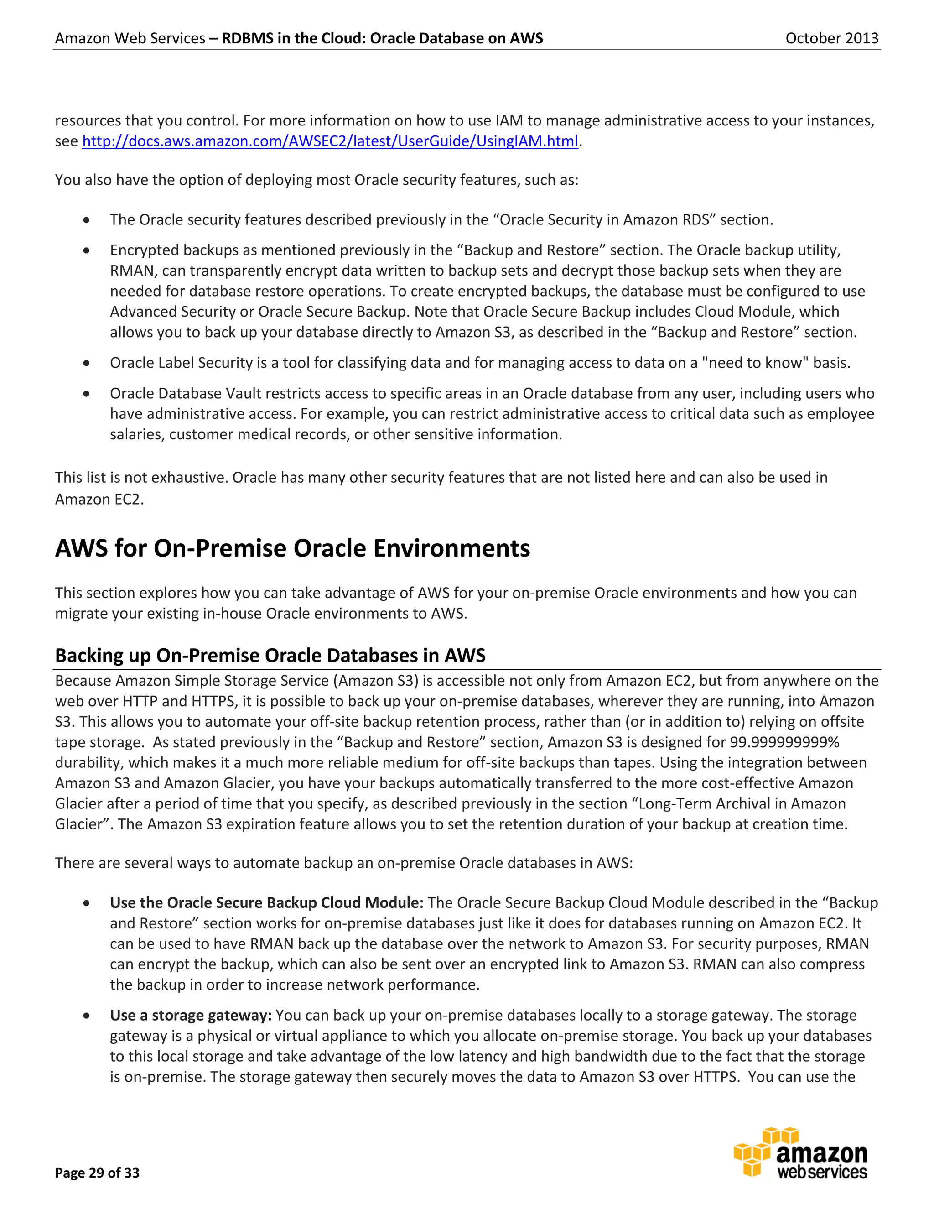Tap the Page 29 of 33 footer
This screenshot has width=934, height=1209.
coord(98,1173)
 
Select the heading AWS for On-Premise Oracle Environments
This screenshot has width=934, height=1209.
coord(292,548)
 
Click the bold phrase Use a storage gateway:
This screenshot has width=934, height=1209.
coord(190,1015)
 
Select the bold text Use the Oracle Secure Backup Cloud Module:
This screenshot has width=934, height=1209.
coord(266,902)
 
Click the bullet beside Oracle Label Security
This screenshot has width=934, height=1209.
coord(86,363)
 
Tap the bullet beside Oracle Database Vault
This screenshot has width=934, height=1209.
coord(86,394)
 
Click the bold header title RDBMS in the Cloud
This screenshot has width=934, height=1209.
coord(382,38)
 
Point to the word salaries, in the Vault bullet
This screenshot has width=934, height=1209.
coord(137,434)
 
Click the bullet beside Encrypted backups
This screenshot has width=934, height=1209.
coord(86,250)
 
